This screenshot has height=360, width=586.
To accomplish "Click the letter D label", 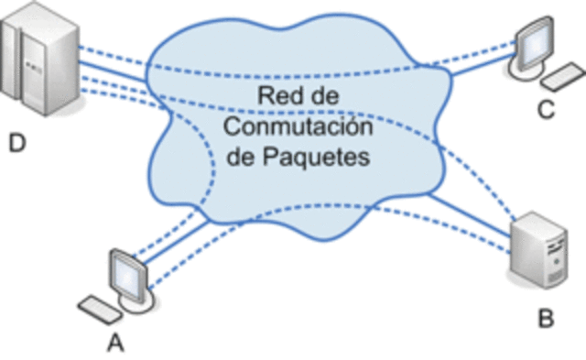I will pyautogui.click(x=16, y=143).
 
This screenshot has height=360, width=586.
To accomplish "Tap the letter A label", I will pyautogui.click(x=116, y=344).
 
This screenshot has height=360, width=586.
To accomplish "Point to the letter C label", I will pyautogui.click(x=547, y=110).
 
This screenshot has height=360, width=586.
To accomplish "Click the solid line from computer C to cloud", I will pyautogui.click(x=476, y=68).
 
